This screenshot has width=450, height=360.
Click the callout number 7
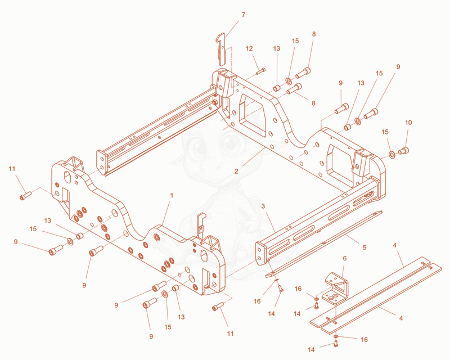pyautogui.click(x=244, y=15)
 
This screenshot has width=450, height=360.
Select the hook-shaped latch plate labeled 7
pyautogui.click(x=221, y=49)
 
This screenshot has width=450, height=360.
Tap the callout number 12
pyautogui.click(x=249, y=48)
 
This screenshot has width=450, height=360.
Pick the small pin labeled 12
pyautogui.click(x=260, y=71)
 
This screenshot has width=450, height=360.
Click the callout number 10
pyautogui.click(x=408, y=123)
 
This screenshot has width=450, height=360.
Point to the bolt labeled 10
pyautogui.click(x=403, y=150)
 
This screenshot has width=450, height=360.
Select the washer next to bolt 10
pyautogui.click(x=392, y=155)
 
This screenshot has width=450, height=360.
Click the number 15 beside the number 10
pyautogui.click(x=385, y=132)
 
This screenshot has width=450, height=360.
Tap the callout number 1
pyautogui.click(x=172, y=196)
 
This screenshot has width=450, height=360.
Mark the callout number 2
pyautogui.click(x=236, y=172)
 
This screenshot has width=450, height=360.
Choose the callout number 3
pyautogui.click(x=263, y=206)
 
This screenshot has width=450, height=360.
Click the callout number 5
pyautogui.click(x=364, y=247)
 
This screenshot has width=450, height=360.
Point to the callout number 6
pyautogui.click(x=345, y=258)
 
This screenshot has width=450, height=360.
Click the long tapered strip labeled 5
pyautogui.click(x=324, y=244)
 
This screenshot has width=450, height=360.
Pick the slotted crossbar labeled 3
pyautogui.click(x=318, y=220)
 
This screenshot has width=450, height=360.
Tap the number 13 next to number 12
pyautogui.click(x=276, y=48)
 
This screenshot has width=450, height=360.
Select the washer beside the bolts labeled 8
pyautogui.click(x=289, y=81)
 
